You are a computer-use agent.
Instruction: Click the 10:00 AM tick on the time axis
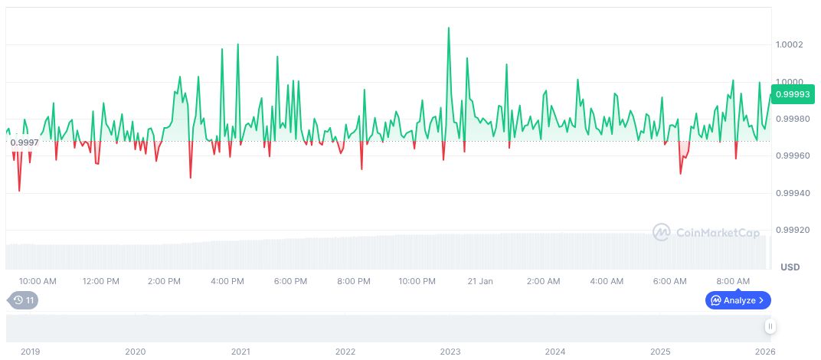point(37,281)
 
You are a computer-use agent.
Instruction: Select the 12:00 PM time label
point(100,281)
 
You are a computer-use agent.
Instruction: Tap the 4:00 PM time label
point(227,281)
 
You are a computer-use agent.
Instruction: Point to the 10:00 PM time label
point(417,281)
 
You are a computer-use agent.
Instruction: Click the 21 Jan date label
point(480,281)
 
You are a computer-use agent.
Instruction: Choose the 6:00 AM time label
point(670,281)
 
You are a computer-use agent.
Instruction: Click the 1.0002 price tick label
point(788,44)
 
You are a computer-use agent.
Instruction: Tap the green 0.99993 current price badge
point(793,94)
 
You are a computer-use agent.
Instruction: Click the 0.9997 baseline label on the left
point(25,142)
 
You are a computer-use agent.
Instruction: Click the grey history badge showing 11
point(23,300)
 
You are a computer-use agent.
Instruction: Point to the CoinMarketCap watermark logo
point(705,232)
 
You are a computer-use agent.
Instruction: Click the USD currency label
point(790,267)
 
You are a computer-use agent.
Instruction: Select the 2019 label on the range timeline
point(30,352)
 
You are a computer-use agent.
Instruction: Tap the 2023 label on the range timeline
point(450,352)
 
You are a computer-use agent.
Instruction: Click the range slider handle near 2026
point(770,326)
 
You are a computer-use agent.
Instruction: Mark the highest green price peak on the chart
point(448,28)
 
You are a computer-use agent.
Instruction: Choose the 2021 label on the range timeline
point(240,352)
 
